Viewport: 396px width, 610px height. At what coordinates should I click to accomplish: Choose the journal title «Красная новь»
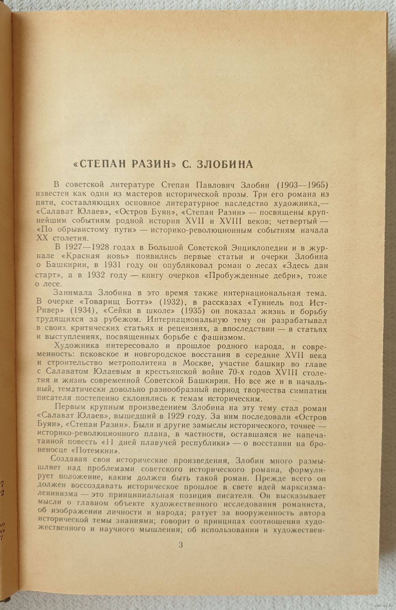point(101,256)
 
